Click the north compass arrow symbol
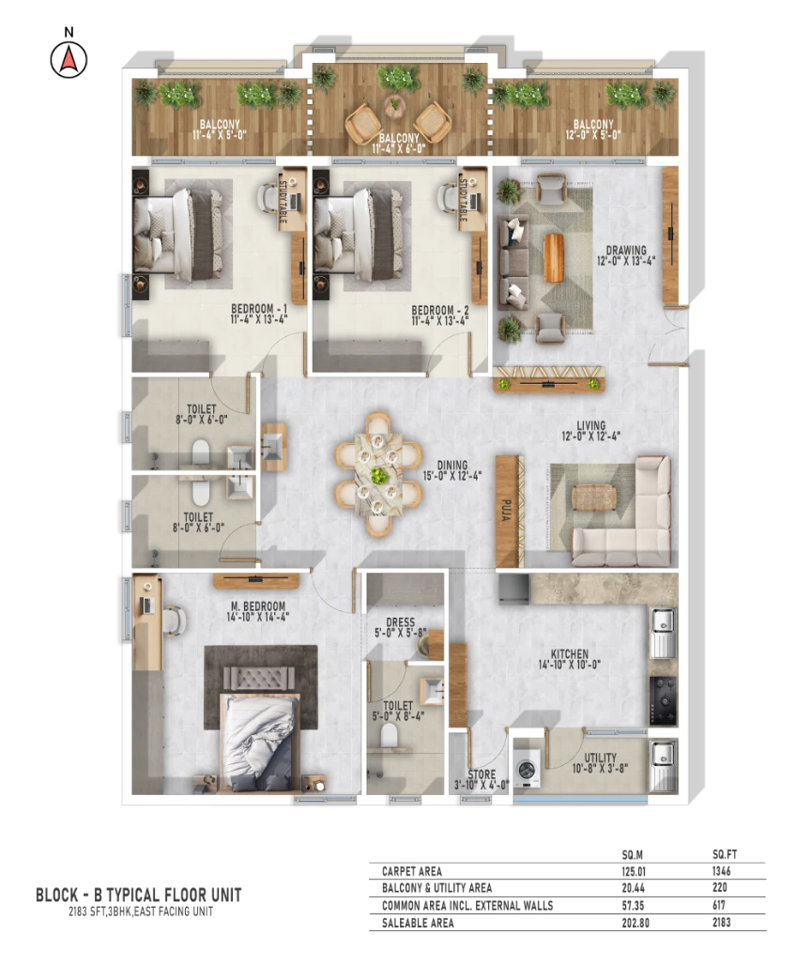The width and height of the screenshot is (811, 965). [69, 59]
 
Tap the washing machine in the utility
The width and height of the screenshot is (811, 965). [528, 769]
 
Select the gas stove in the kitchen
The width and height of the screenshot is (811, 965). [664, 700]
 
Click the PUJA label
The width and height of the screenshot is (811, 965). [507, 511]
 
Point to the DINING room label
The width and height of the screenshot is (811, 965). [452, 466]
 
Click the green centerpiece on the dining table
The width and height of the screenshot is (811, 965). [378, 475]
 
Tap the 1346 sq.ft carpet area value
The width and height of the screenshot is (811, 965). [722, 871]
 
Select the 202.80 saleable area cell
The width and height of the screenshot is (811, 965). [635, 923]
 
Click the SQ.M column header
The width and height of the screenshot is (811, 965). [633, 855]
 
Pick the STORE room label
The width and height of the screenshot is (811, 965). [482, 774]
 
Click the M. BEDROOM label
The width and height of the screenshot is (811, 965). [258, 606]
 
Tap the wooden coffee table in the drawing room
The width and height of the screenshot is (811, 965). [554, 258]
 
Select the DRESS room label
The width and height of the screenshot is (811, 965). [401, 622]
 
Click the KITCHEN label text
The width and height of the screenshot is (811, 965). [570, 654]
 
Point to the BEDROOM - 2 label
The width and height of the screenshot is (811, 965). [440, 310]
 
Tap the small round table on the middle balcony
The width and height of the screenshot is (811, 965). [393, 106]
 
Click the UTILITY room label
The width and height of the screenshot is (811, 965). [600, 758]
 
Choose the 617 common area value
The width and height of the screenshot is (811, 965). [719, 905]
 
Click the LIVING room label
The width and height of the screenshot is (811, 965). [590, 425]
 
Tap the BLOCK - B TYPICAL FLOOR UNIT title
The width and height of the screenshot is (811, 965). [139, 895]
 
